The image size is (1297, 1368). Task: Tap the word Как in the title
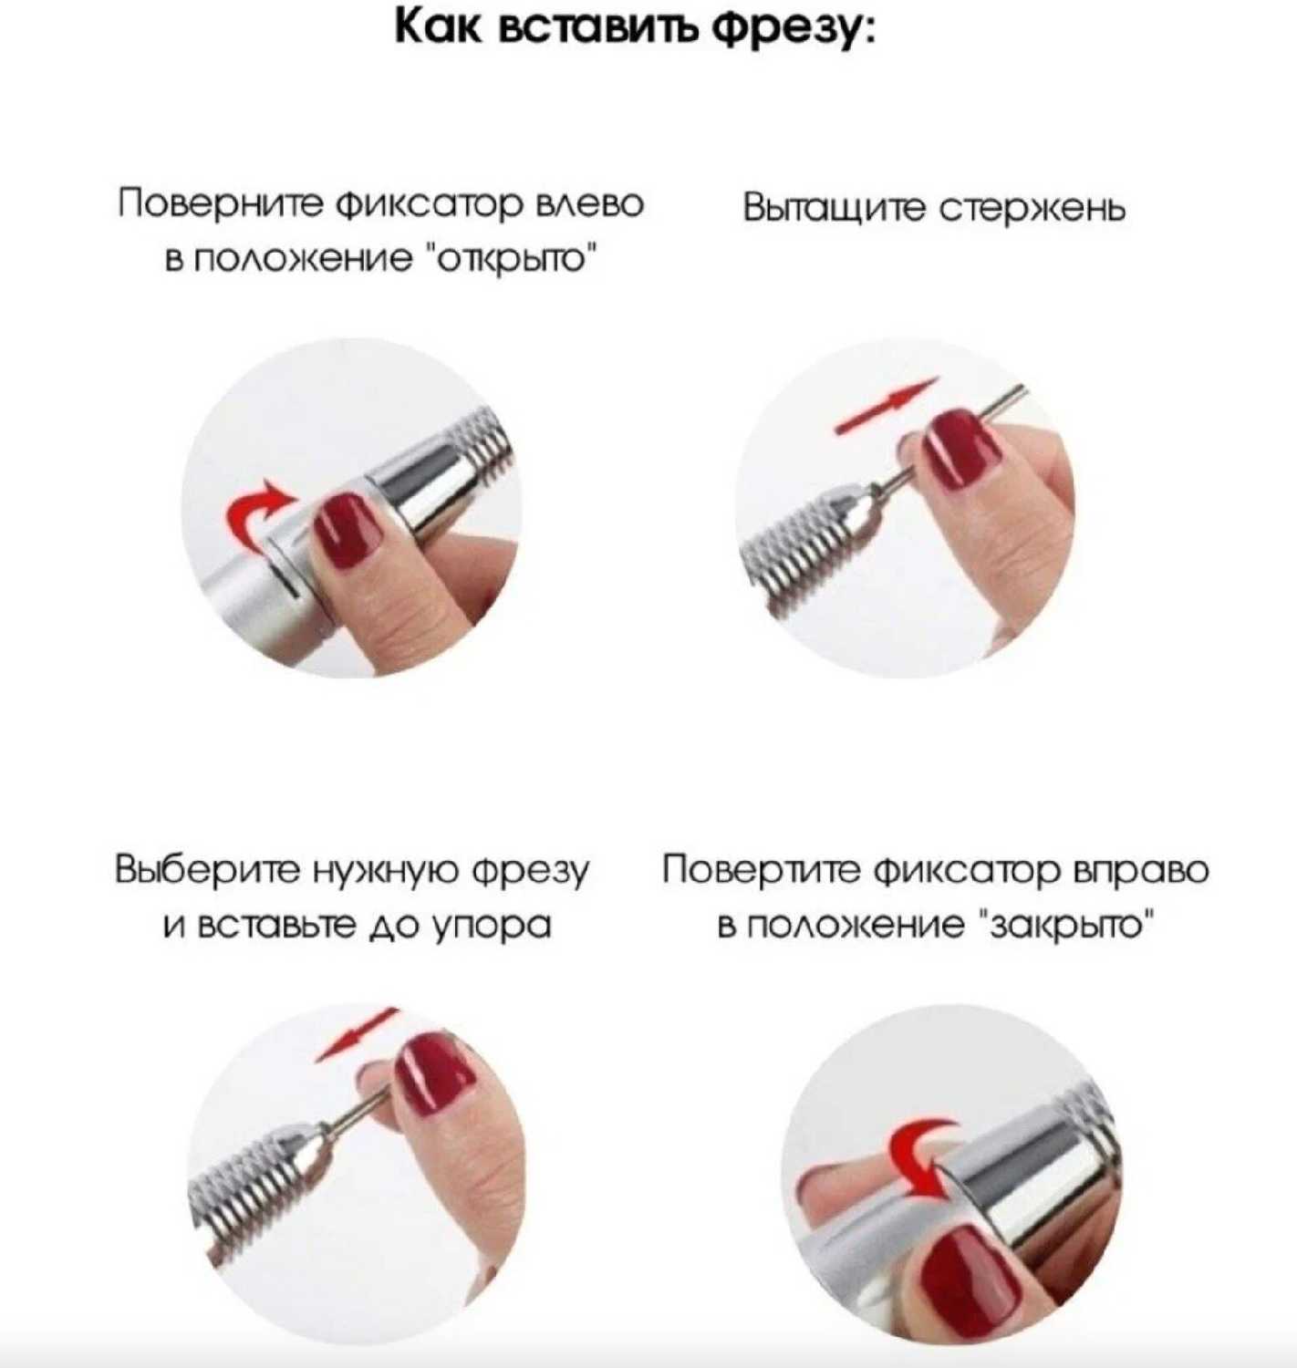438,29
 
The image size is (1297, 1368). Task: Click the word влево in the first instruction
591,204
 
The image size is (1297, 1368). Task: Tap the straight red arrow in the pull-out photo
887,406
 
